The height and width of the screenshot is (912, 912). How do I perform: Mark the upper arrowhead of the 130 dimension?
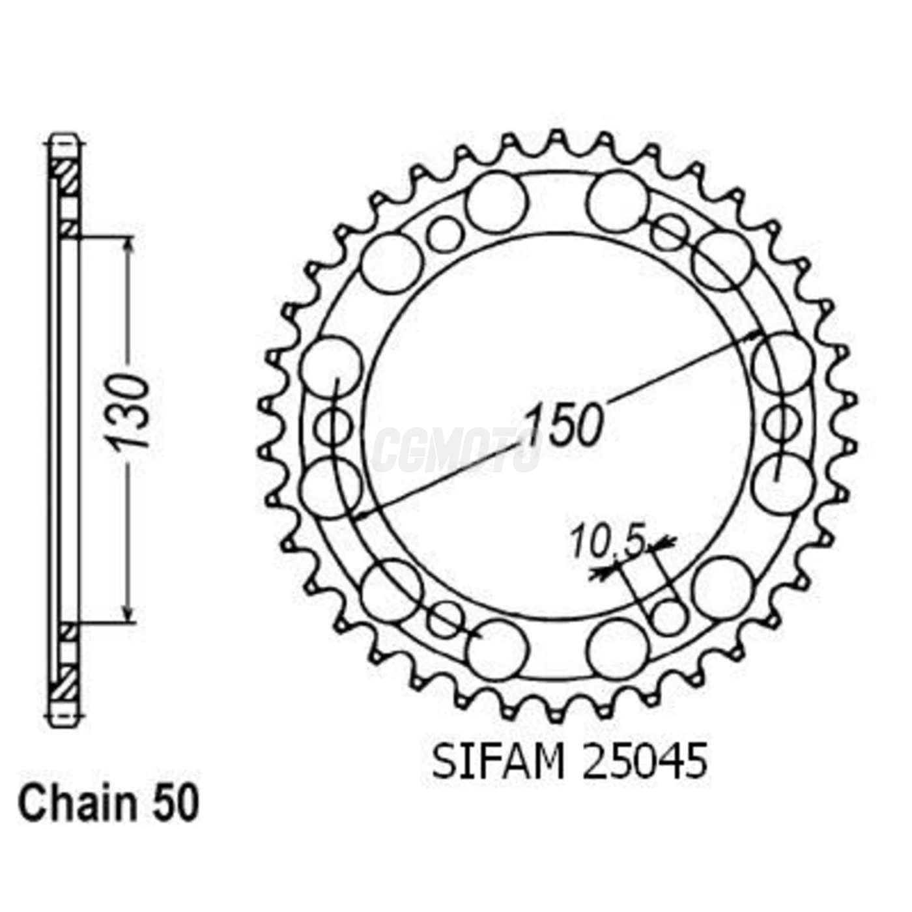(x=129, y=245)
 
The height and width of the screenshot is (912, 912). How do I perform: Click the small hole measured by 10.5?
(x=669, y=616)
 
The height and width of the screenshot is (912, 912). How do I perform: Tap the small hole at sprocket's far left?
(x=334, y=427)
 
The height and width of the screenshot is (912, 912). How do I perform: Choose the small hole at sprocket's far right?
(x=781, y=423)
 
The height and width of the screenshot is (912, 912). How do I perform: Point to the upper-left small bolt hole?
(x=446, y=235)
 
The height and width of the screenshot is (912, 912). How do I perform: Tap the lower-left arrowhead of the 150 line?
(x=362, y=515)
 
